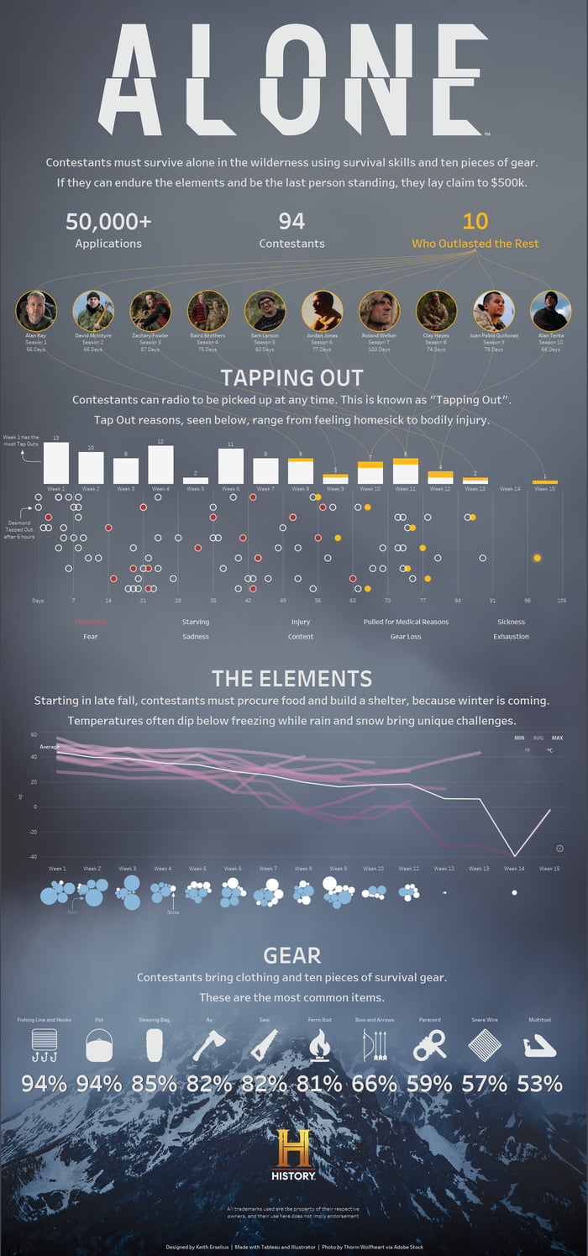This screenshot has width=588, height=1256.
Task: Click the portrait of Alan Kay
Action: click(36, 311)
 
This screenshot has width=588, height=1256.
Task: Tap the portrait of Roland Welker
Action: click(379, 311)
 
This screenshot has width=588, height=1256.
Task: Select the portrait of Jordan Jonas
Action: click(322, 311)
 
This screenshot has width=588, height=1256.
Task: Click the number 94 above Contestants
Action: click(291, 222)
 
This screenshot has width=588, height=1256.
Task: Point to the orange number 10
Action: click(475, 222)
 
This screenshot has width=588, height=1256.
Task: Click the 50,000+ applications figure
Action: click(108, 222)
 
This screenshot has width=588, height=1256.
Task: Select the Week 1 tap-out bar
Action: click(55, 463)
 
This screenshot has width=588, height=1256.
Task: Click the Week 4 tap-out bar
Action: click(160, 465)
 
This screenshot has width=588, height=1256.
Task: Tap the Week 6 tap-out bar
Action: click(230, 466)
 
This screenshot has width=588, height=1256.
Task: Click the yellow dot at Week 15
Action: click(537, 558)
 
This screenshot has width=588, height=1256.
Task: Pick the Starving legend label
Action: click(196, 622)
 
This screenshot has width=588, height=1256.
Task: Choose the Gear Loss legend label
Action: click(406, 637)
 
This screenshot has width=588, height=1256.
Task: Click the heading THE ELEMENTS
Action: click(291, 679)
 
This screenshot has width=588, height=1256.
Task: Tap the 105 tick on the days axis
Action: click(561, 601)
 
